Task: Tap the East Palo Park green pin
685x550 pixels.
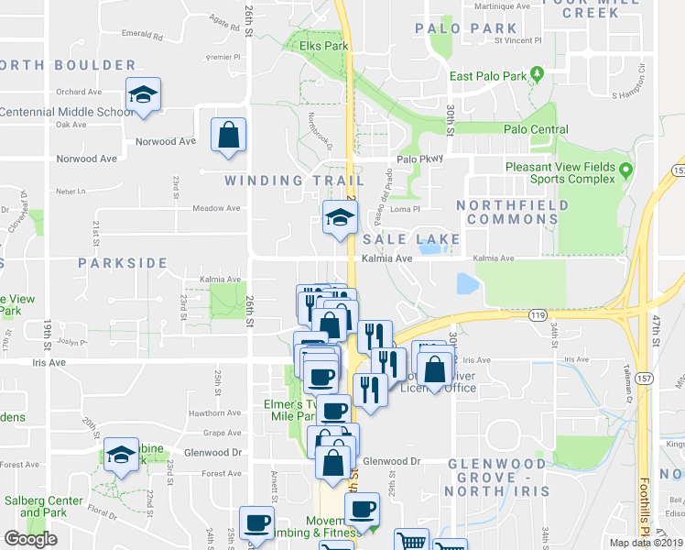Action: point(538,73)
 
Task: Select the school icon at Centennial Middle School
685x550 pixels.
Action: point(144,95)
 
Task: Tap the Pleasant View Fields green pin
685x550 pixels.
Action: point(626,170)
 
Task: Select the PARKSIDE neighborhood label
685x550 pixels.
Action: point(119,262)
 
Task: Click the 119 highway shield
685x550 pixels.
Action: point(538,314)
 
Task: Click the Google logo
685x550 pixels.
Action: point(30,539)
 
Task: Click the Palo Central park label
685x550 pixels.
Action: point(536,129)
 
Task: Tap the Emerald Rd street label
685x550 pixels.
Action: point(147,38)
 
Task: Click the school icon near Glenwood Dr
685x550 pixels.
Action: point(121,456)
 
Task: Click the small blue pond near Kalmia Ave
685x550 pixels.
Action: point(466,283)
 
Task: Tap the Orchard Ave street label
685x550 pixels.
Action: point(78,92)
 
